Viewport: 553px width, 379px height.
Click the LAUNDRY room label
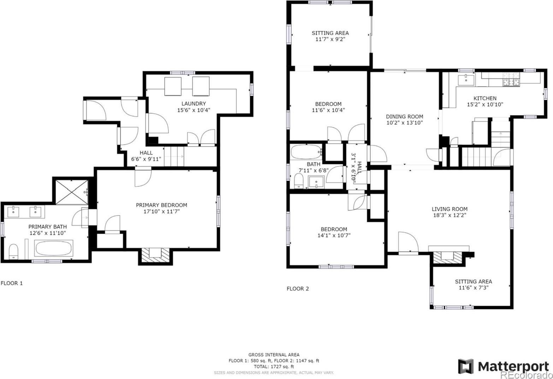tap(194, 104)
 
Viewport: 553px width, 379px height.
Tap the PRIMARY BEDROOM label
tap(161, 205)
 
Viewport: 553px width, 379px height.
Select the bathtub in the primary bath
tap(53, 248)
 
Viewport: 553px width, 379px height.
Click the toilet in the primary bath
tap(13, 252)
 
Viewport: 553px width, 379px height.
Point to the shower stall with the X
tap(72, 192)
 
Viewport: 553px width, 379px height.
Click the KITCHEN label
tap(485, 98)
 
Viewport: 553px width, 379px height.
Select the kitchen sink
tap(466, 80)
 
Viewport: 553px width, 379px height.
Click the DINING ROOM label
tap(404, 116)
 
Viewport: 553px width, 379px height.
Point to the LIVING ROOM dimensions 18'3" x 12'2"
tap(450, 215)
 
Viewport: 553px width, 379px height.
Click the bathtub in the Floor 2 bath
tap(306, 152)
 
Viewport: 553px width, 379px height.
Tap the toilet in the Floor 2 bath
tap(299, 181)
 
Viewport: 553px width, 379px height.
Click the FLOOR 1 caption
tap(12, 283)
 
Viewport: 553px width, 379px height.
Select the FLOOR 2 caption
tap(298, 288)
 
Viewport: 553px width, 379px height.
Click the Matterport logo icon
tap(466, 366)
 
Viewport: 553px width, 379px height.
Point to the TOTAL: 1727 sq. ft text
tap(274, 367)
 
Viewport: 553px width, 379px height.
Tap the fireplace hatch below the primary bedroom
tap(155, 256)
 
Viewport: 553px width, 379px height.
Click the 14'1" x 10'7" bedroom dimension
tap(334, 235)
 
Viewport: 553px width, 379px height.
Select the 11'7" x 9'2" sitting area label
tap(330, 39)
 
